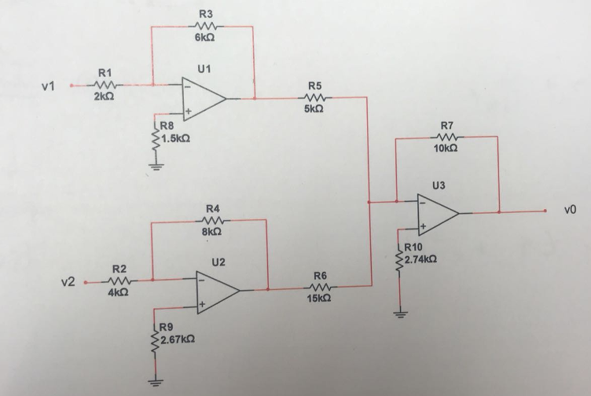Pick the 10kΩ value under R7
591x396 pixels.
click(446, 148)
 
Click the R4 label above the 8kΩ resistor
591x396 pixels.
click(212, 208)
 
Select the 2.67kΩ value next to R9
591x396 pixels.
click(178, 339)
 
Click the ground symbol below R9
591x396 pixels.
click(155, 383)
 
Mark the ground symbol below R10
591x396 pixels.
click(400, 313)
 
